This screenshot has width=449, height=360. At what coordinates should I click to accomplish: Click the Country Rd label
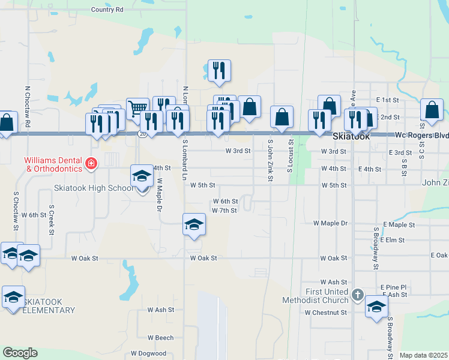tap(107, 10)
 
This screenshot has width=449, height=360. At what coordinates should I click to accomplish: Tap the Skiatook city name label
tap(351, 136)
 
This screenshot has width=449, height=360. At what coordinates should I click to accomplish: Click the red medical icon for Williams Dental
tap(91, 163)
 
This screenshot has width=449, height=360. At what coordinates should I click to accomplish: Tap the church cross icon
tap(358, 295)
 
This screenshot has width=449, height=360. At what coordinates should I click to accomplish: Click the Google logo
tap(20, 353)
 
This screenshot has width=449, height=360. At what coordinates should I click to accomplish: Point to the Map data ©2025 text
tap(423, 355)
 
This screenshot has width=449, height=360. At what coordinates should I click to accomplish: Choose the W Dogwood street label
tap(148, 353)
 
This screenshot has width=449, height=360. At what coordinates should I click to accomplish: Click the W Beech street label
tap(160, 338)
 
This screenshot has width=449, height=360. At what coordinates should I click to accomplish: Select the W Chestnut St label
tap(325, 313)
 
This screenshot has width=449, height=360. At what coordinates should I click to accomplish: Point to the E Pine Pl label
tap(393, 287)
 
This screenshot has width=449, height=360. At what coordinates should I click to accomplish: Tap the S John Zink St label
tap(271, 160)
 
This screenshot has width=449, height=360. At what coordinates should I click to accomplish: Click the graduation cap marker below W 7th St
tap(194, 225)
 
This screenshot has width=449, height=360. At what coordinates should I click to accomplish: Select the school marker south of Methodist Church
tap(376, 307)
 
